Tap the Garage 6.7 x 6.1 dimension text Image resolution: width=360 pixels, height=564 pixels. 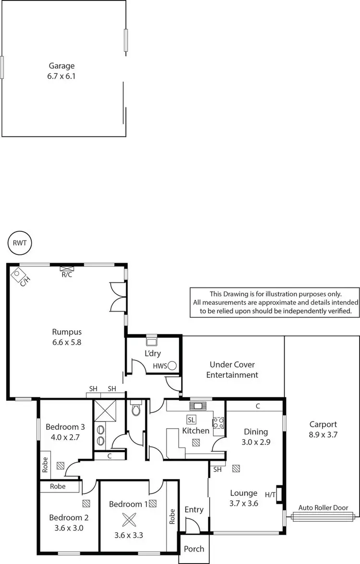pyautogui.click(x=61, y=75)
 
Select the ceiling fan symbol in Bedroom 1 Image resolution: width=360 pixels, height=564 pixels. pyautogui.click(x=129, y=520)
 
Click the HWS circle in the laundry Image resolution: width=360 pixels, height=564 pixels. pyautogui.click(x=172, y=366)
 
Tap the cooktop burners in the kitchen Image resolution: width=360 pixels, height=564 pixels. pyautogui.click(x=218, y=423)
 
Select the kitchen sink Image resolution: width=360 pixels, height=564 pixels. pyautogui.click(x=198, y=406)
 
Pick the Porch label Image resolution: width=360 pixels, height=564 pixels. pyautogui.click(x=194, y=549)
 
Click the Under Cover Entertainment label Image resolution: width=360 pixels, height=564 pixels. pyautogui.click(x=232, y=370)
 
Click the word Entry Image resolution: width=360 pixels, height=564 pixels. pyautogui.click(x=194, y=509)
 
